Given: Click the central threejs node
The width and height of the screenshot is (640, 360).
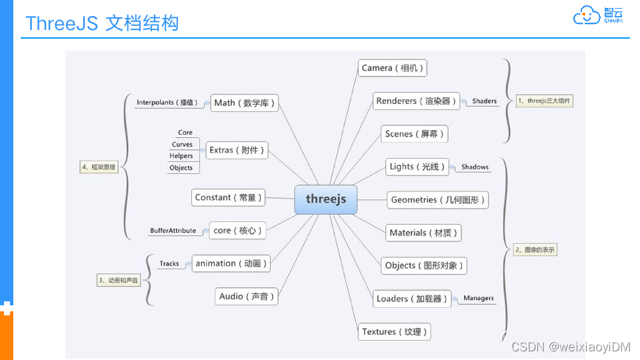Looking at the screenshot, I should tap(326, 199).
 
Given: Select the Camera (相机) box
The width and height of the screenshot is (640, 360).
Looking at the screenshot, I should tap(392, 68).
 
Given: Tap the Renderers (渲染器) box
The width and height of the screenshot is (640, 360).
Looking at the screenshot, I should tap(417, 101).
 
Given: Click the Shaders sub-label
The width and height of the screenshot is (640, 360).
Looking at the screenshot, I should tap(485, 101).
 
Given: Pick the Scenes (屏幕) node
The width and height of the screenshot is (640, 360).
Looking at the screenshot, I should tap(413, 134).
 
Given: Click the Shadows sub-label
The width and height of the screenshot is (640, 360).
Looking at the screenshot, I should tap(475, 167).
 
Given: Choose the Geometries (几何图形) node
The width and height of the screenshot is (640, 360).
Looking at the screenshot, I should tap(437, 200).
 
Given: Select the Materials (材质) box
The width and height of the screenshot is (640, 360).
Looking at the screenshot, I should tap(424, 233).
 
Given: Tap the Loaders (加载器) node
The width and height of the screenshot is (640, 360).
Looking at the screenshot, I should tap(412, 299).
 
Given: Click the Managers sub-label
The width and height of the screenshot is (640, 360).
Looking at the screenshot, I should tap(479, 299).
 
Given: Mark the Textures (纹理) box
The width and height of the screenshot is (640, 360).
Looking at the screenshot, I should tap(394, 332).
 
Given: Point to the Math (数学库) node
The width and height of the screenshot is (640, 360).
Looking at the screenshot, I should tap(244, 103).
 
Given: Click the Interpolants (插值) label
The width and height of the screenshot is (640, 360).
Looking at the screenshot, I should tap(167, 103).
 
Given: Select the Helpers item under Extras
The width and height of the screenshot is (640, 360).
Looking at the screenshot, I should tap(181, 156).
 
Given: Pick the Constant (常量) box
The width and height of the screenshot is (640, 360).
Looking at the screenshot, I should tap(227, 197).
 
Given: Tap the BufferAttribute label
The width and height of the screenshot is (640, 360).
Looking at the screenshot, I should tap(173, 231).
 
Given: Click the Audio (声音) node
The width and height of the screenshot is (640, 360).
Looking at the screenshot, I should tap(246, 297).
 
